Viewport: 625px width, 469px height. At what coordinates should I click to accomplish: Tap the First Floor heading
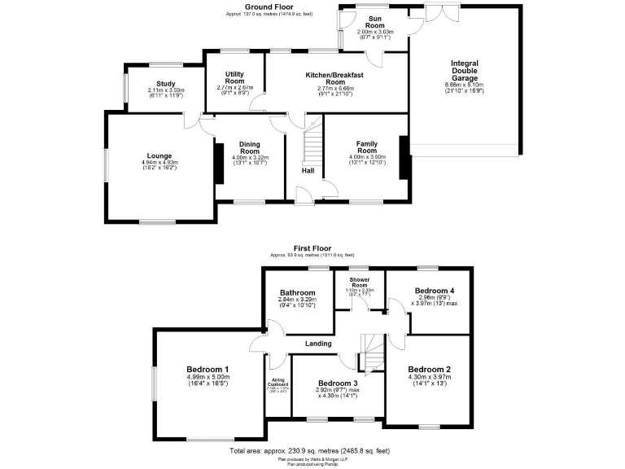click(312, 248)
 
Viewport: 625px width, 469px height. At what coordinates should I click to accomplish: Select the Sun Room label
click(375, 21)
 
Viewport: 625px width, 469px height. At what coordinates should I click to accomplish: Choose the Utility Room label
click(235, 78)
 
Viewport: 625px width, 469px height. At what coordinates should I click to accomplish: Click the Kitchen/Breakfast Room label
click(334, 78)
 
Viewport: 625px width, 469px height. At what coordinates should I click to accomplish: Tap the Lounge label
click(160, 156)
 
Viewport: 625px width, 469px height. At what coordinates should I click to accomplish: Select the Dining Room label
click(250, 147)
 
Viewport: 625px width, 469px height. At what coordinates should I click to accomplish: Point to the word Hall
click(308, 171)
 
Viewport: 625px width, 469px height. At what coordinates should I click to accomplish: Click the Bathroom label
click(298, 293)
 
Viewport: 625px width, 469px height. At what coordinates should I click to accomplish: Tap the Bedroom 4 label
click(434, 291)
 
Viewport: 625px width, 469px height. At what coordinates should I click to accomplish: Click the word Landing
click(318, 344)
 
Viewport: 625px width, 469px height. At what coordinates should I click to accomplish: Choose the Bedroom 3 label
click(339, 383)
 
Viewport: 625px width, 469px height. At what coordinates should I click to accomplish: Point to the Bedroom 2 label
click(430, 368)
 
